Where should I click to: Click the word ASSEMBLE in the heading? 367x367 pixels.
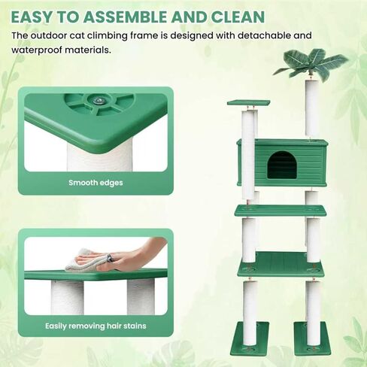(125, 17)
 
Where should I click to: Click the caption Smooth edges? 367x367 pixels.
(96, 182)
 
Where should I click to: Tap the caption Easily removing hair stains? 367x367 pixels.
(96, 326)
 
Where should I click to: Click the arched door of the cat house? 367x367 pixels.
(282, 165)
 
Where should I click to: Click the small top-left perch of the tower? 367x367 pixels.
(248, 102)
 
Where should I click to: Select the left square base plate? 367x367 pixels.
(249, 338)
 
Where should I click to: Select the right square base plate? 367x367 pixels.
(311, 338)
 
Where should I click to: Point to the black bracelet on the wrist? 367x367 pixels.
(110, 259)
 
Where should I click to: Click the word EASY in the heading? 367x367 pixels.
(32, 17)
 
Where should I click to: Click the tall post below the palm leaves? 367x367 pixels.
(311, 109)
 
